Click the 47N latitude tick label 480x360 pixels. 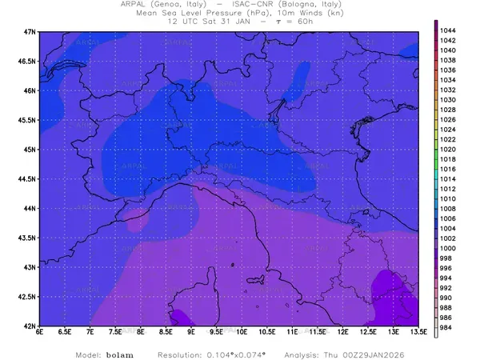(30, 31)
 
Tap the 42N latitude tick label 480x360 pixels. (30, 326)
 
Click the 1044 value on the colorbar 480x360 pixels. (448, 30)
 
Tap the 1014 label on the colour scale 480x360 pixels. (448, 179)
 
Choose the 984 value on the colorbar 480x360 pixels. (448, 327)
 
